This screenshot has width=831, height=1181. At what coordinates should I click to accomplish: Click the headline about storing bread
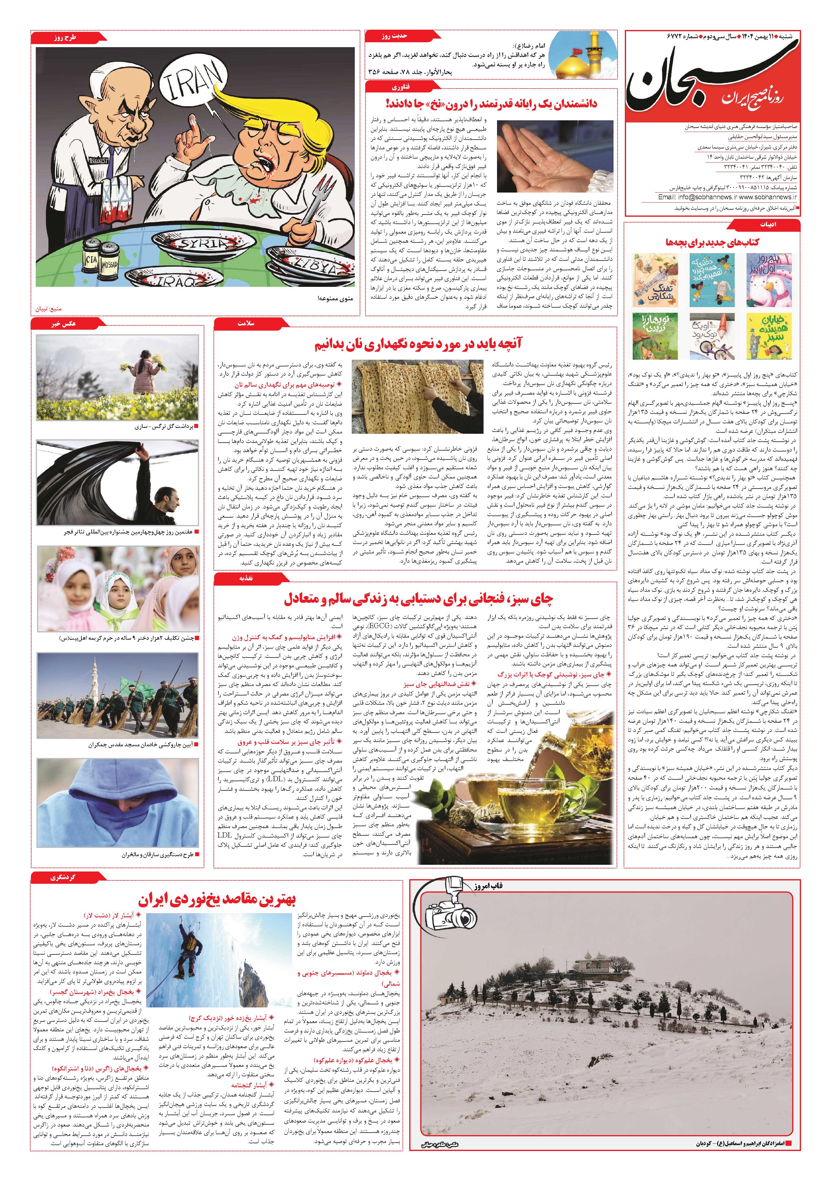pos(414,343)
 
